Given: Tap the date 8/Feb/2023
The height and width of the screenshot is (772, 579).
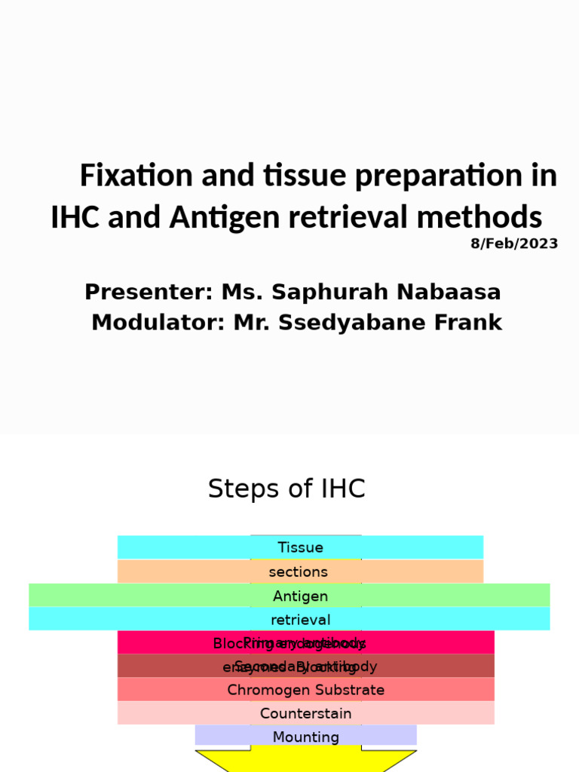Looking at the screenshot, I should point(514,244).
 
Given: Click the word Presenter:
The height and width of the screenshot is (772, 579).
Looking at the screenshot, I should point(149,292).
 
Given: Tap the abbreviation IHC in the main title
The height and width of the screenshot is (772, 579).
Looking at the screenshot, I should point(75,218).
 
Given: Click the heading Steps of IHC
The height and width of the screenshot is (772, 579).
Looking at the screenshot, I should point(286,489).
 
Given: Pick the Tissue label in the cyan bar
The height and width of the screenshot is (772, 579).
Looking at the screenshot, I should point(300,547).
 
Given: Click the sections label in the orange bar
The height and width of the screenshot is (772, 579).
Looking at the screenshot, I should point(299,572).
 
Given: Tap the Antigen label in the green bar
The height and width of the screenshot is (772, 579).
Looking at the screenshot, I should point(300,596).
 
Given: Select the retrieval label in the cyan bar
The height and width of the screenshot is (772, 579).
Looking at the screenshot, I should point(301,620).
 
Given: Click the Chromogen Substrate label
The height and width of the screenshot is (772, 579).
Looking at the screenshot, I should point(305,690).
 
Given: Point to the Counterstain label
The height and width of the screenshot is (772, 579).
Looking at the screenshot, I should point(305,713).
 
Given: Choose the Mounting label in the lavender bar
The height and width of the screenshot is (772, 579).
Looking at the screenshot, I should point(305,737).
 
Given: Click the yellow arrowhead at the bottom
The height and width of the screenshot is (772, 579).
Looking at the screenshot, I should point(305,761).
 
